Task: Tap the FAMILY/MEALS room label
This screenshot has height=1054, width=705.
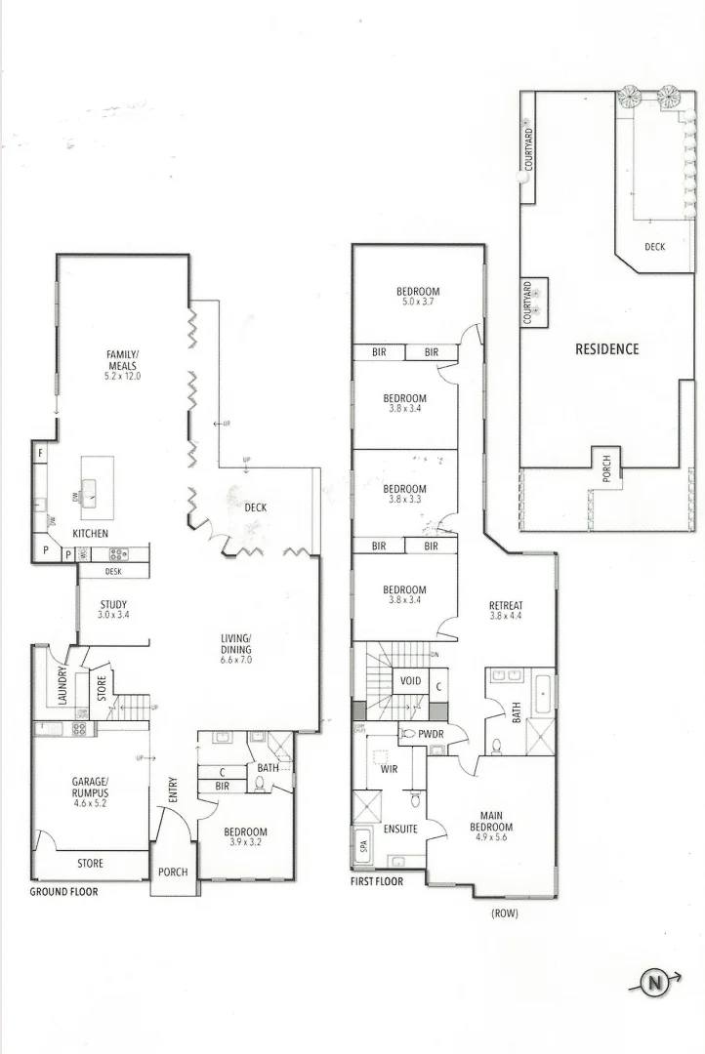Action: tap(124, 364)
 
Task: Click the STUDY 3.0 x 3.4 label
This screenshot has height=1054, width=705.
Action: tap(113, 610)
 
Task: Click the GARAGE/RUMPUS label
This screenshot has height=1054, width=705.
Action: tap(96, 788)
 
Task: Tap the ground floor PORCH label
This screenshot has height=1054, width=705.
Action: tap(172, 872)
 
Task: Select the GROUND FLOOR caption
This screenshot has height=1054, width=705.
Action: tap(63, 891)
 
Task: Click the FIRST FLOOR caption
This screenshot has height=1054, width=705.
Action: tap(377, 881)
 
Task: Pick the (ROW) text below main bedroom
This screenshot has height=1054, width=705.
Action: tap(505, 913)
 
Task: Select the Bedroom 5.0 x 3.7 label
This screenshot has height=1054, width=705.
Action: tap(417, 297)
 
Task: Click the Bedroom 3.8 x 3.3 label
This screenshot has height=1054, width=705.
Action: tap(404, 494)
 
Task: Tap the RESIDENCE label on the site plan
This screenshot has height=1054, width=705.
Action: tap(606, 348)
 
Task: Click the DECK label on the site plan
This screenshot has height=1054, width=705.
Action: tap(654, 247)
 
